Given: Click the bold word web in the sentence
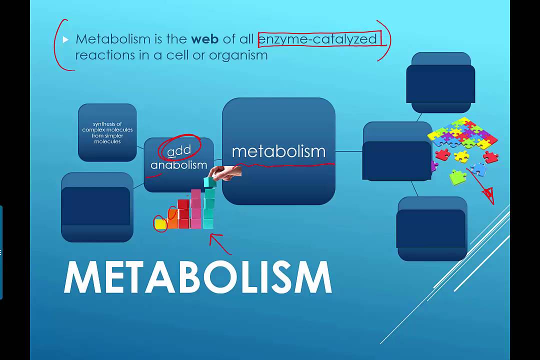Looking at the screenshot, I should point(205,39).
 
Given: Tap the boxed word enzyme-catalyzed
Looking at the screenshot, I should point(317,39).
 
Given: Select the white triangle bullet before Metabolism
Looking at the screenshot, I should point(65,39).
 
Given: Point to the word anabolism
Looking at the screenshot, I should point(178,165).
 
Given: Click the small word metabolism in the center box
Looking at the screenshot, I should point(278,151).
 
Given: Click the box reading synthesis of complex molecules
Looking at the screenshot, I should point(107,132).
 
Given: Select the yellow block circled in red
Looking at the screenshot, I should point(160,224).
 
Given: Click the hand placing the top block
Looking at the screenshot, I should point(226,172).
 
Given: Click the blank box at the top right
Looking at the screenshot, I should point(440,83).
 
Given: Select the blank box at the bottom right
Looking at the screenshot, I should point(431,228).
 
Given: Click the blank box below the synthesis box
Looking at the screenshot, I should point(97,207).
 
